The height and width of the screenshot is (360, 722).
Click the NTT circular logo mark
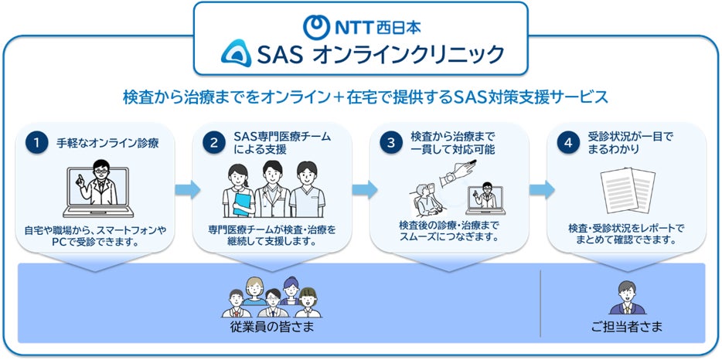316,27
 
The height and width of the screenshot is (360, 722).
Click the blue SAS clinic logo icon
236,53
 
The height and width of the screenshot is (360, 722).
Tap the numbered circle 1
37,143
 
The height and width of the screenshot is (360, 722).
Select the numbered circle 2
214,143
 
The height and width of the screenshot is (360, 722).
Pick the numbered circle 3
391,143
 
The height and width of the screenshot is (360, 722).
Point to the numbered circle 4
568,143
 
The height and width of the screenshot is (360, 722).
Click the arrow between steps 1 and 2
187,189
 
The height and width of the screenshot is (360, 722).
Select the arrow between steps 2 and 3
365,189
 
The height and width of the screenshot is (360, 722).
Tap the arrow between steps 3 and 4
541,189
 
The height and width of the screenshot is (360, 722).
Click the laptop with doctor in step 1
98,188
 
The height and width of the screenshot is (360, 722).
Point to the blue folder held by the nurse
242,205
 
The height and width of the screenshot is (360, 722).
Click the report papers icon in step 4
628,190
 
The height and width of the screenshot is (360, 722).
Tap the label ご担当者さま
627,328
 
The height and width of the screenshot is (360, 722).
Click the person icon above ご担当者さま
627,297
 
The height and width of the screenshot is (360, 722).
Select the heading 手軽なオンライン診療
107,143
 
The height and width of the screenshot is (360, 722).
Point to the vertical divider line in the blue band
540,304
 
